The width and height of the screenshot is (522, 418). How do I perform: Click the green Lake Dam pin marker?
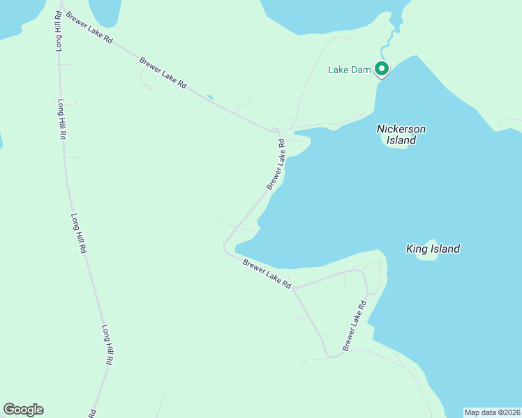pyautogui.click(x=381, y=69)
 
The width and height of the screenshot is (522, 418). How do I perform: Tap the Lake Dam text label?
pyautogui.click(x=348, y=70)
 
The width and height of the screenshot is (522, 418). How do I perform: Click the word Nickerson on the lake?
pyautogui.click(x=401, y=129)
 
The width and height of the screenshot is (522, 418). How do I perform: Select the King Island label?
pyautogui.click(x=433, y=249)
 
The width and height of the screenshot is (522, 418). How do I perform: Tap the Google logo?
pyautogui.click(x=23, y=410)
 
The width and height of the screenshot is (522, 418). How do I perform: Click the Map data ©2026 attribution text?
pyautogui.click(x=492, y=412)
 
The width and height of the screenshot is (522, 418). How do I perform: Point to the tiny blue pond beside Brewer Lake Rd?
pyautogui.click(x=210, y=97)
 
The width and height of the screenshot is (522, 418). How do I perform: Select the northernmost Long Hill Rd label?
pyautogui.click(x=59, y=31)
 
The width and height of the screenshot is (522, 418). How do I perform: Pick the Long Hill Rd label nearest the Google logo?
pyautogui.click(x=107, y=346)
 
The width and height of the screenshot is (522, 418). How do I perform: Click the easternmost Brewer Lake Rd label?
pyautogui.click(x=354, y=326)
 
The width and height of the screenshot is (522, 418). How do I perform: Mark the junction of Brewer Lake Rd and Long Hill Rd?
pyautogui.click(x=61, y=8)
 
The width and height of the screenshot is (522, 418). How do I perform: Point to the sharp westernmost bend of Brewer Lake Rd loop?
pyautogui.click(x=224, y=247)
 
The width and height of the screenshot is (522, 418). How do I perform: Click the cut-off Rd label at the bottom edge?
pyautogui.click(x=92, y=413)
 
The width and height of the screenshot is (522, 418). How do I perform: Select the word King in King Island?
pyautogui.click(x=416, y=249)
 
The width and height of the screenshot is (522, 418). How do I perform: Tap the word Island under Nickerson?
pyautogui.click(x=401, y=141)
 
